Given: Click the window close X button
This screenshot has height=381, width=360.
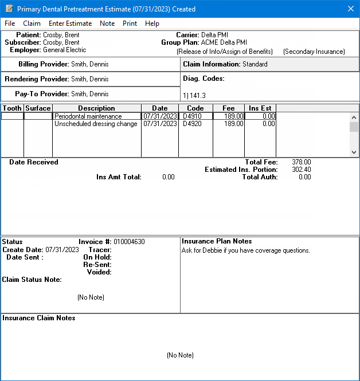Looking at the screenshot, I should click(351, 9).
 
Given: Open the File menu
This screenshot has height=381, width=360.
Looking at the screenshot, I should click(10, 23).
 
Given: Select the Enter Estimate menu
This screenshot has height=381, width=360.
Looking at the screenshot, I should click(70, 23).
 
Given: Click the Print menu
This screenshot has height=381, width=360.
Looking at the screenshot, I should click(130, 23).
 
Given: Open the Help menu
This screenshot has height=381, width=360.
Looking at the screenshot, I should click(152, 23).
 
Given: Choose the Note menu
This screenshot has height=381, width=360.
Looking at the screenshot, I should click(107, 23).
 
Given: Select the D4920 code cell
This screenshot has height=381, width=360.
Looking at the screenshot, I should click(191, 124).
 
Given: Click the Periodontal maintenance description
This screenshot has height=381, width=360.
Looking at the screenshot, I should click(88, 116).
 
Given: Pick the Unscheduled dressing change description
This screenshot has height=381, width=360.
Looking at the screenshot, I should click(96, 124).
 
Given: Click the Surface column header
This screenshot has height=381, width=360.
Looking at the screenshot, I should click(38, 108).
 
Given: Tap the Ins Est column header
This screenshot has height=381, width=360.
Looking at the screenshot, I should click(260, 108).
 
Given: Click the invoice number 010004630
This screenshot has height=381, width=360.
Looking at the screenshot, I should click(129, 242).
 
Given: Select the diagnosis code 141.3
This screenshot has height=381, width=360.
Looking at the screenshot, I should click(195, 96).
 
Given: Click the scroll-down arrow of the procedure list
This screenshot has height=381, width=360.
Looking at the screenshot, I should click(354, 152).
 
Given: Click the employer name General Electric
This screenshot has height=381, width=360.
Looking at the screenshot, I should click(64, 50).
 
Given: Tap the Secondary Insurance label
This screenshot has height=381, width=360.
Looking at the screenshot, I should click(314, 52).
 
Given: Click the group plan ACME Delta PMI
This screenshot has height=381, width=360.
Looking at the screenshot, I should click(224, 42).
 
